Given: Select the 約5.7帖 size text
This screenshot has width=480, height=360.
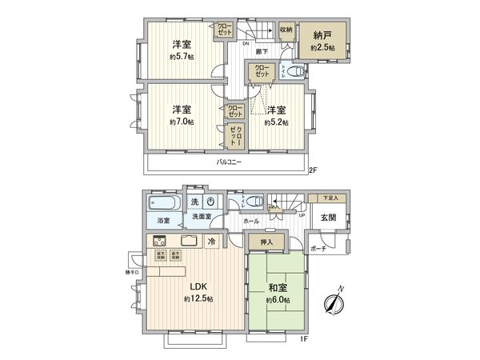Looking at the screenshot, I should click(181, 57).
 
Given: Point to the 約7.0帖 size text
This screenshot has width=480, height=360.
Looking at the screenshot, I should click(181, 122).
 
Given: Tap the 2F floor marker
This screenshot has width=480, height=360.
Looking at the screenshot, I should click(314, 170).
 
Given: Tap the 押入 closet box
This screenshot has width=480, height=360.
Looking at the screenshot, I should click(266, 242).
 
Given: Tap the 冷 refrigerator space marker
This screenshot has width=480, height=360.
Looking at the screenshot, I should click(212, 241).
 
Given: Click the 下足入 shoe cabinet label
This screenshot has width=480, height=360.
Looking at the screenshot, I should click(330, 197).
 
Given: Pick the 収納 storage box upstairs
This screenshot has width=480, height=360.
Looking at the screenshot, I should click(286, 30).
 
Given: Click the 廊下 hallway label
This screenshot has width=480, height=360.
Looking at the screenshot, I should click(262, 51).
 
